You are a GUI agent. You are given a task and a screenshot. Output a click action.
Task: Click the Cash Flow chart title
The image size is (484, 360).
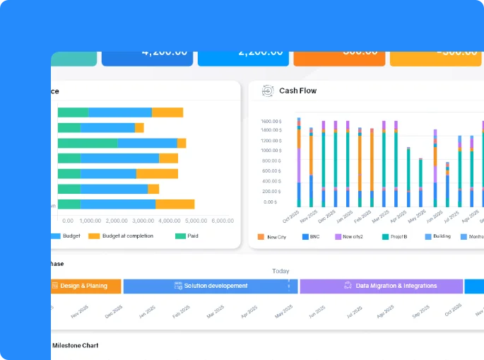(297, 91)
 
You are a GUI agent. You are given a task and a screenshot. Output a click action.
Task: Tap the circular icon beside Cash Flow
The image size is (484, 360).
(268, 91)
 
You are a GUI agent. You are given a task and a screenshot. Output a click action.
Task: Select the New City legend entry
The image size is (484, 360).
(272, 237)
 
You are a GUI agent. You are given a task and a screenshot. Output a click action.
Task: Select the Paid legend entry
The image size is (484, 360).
(187, 236)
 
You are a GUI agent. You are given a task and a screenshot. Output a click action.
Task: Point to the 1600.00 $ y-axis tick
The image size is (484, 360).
(271, 121)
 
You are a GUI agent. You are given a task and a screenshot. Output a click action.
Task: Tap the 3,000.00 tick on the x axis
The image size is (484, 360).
(143, 221)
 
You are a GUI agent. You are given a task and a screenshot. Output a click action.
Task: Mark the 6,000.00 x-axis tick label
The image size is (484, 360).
(223, 221)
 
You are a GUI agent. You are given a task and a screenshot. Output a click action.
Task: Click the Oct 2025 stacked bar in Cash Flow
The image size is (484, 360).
(299, 162)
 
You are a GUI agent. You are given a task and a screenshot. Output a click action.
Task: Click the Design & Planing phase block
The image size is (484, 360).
(83, 286)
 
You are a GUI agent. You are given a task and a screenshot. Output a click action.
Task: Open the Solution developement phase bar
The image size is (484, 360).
(210, 286)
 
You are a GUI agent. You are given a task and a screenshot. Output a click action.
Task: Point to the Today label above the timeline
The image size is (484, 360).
(281, 271)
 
